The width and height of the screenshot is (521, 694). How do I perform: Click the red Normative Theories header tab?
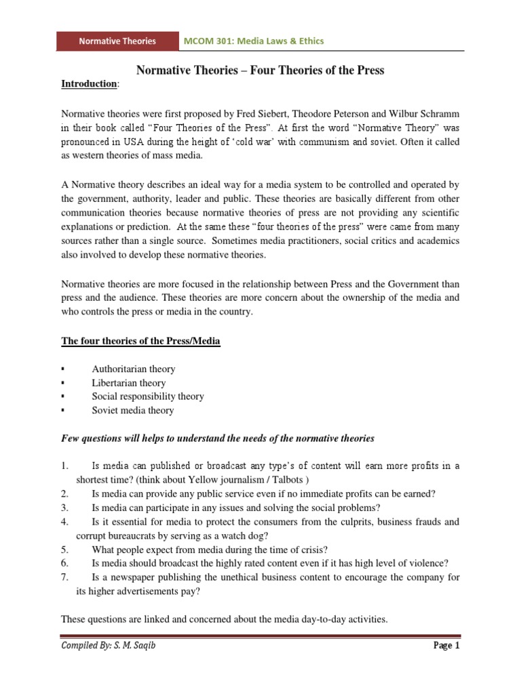coord(117,41)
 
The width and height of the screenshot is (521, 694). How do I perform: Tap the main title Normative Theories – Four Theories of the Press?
coord(260,70)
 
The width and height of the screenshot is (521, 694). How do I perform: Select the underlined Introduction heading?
coord(89,84)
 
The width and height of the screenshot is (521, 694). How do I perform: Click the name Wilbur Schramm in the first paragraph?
coord(429,113)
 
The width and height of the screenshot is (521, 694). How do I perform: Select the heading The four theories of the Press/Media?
coord(140,342)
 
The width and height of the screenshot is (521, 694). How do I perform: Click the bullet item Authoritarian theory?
coord(134,369)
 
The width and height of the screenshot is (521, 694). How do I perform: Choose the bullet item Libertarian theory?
coord(129,383)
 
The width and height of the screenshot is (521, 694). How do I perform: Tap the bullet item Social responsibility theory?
coord(148,396)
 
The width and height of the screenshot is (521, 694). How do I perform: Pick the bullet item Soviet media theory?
coord(133,411)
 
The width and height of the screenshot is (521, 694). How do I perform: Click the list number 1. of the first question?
coord(65,466)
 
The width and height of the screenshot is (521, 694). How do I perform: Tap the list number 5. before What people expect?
coord(65,550)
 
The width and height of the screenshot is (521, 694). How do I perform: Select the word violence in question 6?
coord(429,563)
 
